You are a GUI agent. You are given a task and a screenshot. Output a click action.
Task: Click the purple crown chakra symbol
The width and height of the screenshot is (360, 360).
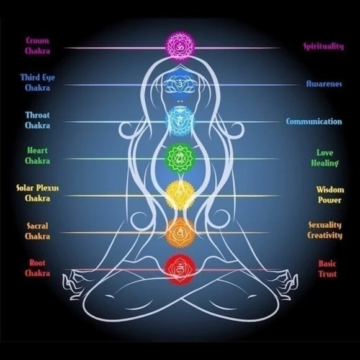point(180,47)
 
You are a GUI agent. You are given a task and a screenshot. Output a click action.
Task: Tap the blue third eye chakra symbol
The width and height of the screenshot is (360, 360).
point(180,84)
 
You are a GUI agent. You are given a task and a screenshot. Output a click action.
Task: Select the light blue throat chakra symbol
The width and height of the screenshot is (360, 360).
point(180,120)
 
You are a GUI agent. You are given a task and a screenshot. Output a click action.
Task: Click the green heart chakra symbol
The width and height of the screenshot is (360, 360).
point(180,158)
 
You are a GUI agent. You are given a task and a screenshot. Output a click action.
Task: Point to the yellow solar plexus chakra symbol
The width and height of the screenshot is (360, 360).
point(180,195)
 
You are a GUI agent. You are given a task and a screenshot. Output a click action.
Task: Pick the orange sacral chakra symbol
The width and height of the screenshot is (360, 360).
point(180,233)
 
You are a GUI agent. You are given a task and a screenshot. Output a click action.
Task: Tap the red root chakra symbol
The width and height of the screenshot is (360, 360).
point(180,269)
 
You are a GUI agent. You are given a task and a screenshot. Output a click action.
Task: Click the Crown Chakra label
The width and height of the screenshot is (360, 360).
point(37,46)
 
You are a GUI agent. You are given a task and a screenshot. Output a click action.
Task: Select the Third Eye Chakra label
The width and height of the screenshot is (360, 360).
point(37,83)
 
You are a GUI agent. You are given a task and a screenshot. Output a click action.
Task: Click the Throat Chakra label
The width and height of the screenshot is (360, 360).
point(37,120)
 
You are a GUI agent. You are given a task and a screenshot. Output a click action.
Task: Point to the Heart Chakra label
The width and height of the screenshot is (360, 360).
point(37,156)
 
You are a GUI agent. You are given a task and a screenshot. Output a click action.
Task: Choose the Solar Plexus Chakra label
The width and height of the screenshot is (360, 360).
point(37,193)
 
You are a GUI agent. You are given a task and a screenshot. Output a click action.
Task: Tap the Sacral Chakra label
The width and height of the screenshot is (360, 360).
point(37,231)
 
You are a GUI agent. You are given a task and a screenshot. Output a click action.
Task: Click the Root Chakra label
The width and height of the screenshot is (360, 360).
point(37,268)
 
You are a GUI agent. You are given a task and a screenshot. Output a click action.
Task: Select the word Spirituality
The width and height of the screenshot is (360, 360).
point(324,47)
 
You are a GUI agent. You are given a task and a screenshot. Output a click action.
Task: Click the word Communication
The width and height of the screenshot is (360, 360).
point(314,121)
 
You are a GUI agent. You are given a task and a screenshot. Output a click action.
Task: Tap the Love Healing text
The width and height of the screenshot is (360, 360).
point(325,158)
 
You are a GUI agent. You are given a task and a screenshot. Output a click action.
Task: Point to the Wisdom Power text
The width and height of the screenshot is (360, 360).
point(330,195)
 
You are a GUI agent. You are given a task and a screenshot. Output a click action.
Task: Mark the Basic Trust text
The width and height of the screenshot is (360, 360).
point(327,269)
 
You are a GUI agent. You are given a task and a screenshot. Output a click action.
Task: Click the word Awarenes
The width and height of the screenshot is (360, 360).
point(324,84)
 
